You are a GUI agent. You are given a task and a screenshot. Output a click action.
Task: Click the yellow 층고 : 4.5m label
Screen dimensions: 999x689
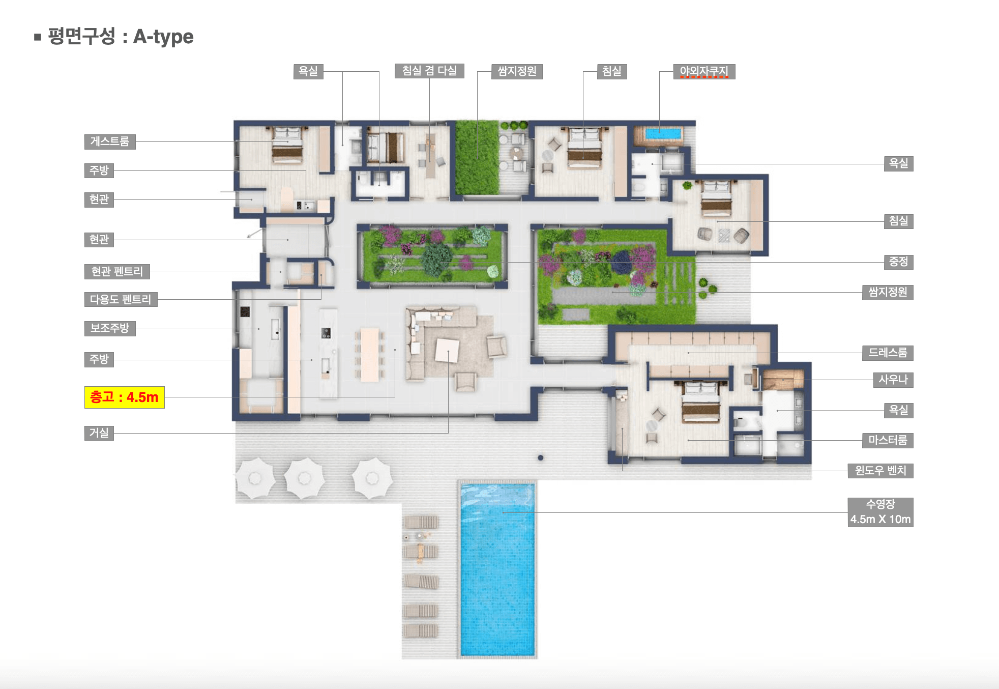(124, 397)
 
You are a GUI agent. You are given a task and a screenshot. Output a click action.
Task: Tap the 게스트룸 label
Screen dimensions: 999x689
(110, 141)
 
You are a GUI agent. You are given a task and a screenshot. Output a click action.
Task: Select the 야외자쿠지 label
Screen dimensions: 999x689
(704, 72)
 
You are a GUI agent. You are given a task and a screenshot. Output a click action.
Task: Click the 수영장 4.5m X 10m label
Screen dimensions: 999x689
(880, 512)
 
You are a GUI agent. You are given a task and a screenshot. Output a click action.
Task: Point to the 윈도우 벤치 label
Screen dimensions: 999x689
(880, 471)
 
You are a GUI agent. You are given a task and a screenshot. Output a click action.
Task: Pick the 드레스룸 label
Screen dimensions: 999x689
(888, 353)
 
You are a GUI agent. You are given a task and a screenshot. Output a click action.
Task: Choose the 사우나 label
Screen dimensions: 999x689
(893, 380)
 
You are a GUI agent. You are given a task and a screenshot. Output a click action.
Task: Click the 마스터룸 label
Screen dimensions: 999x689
(888, 440)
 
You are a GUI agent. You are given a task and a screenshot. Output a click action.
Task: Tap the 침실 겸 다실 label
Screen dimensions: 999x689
(429, 71)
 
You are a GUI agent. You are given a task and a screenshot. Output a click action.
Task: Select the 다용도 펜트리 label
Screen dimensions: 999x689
(121, 299)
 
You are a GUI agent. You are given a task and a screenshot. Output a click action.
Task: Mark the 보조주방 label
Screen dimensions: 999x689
(110, 328)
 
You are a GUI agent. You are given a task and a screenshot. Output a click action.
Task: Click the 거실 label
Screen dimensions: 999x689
(99, 433)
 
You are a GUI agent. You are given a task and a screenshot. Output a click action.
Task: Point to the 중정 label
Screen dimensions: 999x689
(898, 262)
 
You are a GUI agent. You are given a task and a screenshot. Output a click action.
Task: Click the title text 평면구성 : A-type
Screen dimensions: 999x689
(121, 37)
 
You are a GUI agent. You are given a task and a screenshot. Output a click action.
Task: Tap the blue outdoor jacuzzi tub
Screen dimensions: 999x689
(662, 134)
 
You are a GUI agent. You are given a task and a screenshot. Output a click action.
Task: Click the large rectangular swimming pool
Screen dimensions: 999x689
(497, 569)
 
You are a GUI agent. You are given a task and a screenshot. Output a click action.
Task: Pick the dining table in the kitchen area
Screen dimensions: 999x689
(370, 355)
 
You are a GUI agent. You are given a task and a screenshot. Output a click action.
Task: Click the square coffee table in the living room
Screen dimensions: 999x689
(447, 351)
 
